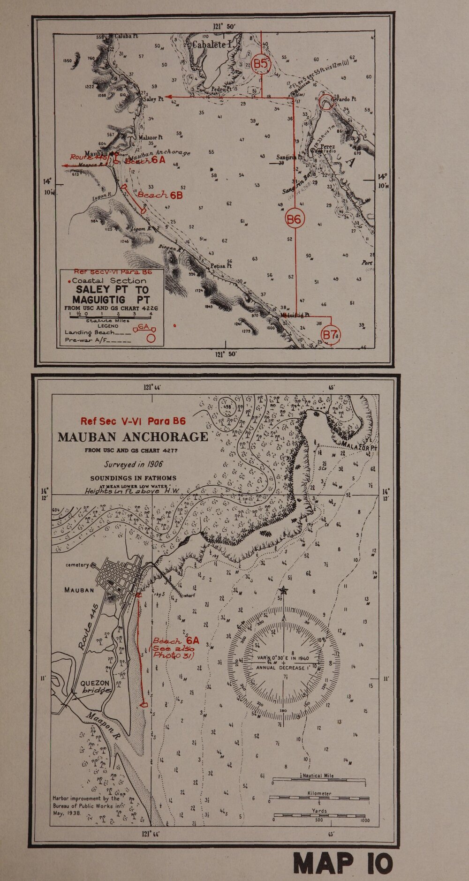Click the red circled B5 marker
point(261,64)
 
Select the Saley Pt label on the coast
point(153,99)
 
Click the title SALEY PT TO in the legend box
point(112,290)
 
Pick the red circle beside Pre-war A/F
point(151,337)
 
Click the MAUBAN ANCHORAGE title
point(133,437)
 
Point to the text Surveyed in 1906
point(133,464)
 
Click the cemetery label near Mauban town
point(78,565)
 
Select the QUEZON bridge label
point(96,686)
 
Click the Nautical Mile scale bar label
point(319,776)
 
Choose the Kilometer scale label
point(319,793)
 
